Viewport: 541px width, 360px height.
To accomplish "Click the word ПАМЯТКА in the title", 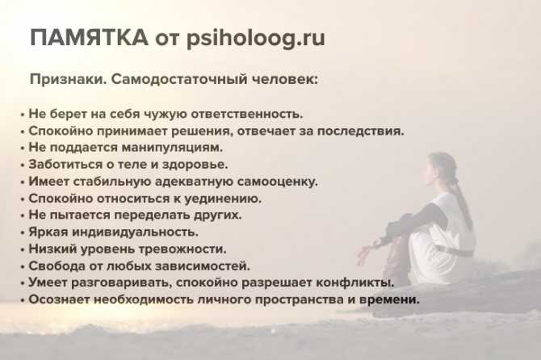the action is click(x=89, y=37).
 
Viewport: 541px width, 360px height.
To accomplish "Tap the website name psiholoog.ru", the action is click(x=256, y=39).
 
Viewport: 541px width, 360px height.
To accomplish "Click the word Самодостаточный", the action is click(x=178, y=80).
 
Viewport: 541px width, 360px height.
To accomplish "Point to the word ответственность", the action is click(x=247, y=114).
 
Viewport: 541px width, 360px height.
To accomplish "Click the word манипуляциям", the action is click(x=172, y=148).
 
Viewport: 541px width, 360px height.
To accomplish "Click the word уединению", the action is click(x=222, y=199).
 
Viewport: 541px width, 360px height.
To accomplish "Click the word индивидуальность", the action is click(x=135, y=232).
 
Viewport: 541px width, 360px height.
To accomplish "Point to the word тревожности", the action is click(x=182, y=249).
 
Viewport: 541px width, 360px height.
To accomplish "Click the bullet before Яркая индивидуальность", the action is click(x=23, y=233).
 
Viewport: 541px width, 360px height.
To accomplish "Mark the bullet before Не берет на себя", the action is click(x=23, y=115).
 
